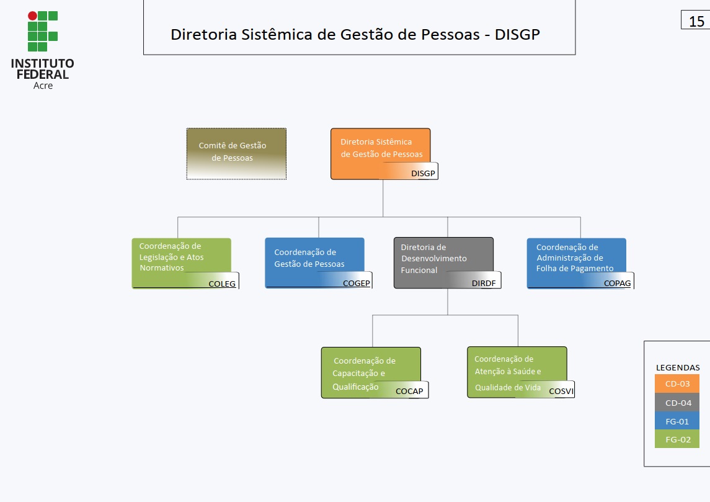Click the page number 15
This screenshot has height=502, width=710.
coord(696,21)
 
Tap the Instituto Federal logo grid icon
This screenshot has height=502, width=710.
coord(43,31)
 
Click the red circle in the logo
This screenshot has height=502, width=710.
coord(32,16)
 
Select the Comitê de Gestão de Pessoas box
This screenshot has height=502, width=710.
coord(236,153)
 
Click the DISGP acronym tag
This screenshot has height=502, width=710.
coord(423,173)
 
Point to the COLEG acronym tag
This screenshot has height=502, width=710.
coord(222,284)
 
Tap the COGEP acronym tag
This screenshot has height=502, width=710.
coord(356,284)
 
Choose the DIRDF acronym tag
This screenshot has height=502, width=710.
coord(484,284)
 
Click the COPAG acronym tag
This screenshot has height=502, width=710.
coord(617,284)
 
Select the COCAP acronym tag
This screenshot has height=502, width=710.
coord(409,391)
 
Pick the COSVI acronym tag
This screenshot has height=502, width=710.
coord(561,391)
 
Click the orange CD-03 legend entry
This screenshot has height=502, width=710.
coord(677,383)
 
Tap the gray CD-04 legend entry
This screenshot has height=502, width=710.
coord(677,402)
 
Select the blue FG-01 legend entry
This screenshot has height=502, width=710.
coord(677,421)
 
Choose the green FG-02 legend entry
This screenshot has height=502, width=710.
coord(677,439)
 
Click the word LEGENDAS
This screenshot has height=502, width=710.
coord(678,367)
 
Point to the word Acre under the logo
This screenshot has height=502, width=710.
coord(43,86)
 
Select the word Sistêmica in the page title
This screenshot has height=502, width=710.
coord(282,34)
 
